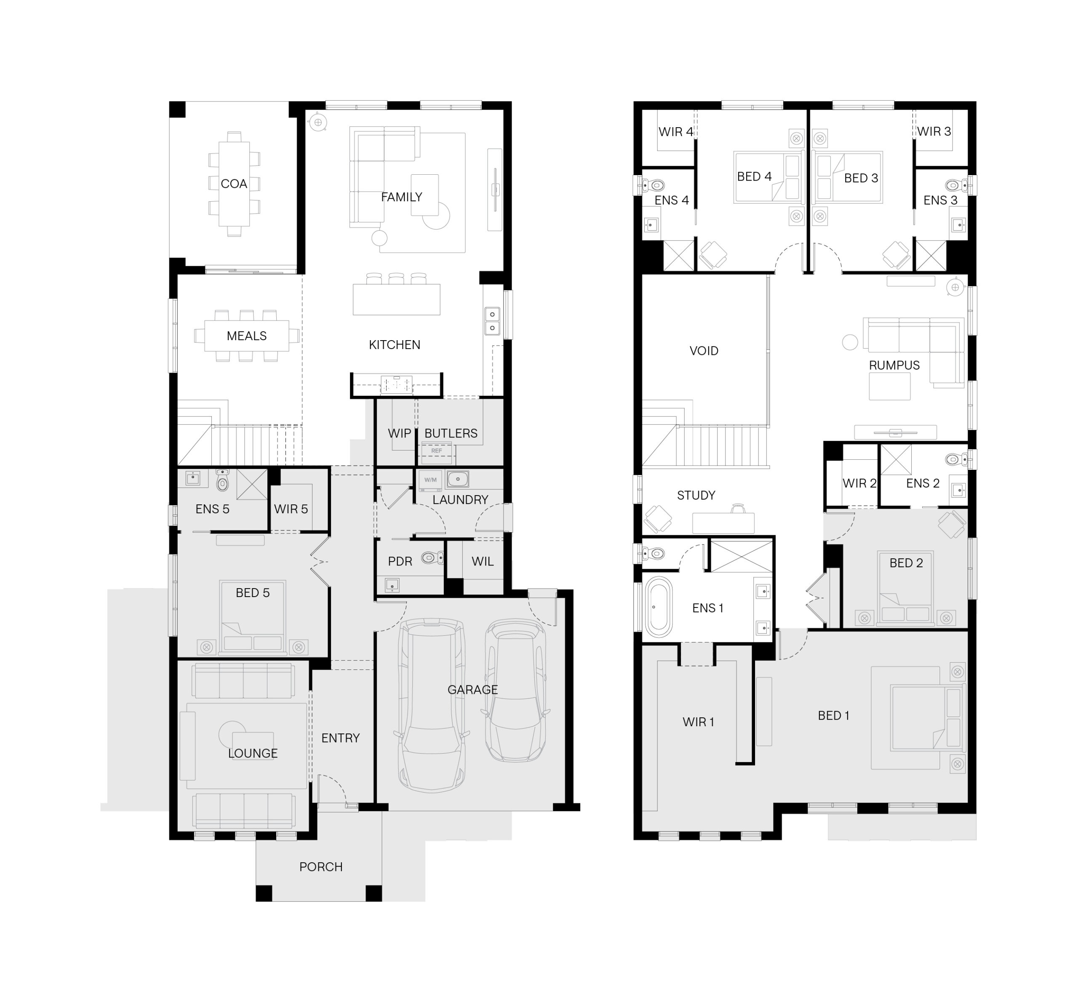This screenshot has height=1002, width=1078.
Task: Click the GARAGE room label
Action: click(472, 690)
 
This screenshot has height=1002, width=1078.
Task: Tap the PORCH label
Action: click(321, 867)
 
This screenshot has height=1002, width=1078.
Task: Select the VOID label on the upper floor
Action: click(704, 351)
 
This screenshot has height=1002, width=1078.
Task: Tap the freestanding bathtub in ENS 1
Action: click(658, 607)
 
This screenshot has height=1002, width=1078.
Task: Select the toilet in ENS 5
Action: click(222, 479)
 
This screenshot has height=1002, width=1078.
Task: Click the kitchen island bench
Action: click(396, 299)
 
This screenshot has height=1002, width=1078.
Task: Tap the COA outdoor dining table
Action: click(234, 184)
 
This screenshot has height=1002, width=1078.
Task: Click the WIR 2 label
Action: click(859, 483)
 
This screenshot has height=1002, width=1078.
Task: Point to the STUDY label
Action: click(696, 495)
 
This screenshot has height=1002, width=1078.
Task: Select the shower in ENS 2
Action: click(896, 460)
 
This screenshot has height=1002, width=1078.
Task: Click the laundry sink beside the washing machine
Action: click(458, 479)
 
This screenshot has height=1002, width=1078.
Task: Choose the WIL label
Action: click(483, 561)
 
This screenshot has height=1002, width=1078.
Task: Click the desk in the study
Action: click(723, 523)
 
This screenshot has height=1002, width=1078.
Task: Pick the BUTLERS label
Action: click(451, 433)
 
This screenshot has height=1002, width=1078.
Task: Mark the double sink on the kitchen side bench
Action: click(492, 321)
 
